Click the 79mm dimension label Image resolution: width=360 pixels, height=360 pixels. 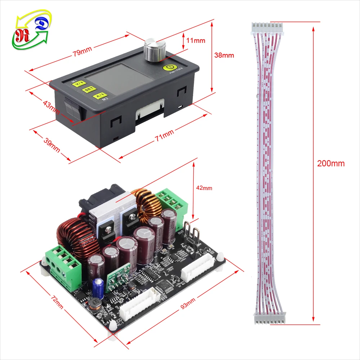coord(82,53)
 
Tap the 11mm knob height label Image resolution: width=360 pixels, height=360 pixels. coord(196,40)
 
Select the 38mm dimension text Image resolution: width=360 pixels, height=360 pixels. coord(224,55)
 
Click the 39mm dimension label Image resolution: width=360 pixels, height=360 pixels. coord(51,144)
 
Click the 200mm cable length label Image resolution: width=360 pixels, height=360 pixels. coord(330,163)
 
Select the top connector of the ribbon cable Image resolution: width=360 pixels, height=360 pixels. coord(267,26)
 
